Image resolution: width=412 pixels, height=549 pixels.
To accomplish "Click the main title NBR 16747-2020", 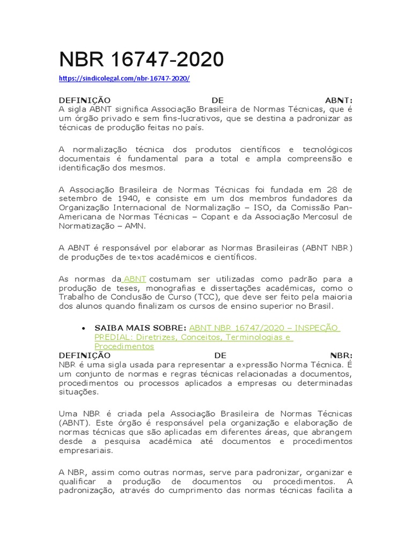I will (x=141, y=60).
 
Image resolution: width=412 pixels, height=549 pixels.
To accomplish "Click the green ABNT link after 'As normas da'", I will (x=135, y=279).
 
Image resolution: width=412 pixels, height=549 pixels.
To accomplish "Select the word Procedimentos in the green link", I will (x=124, y=346).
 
